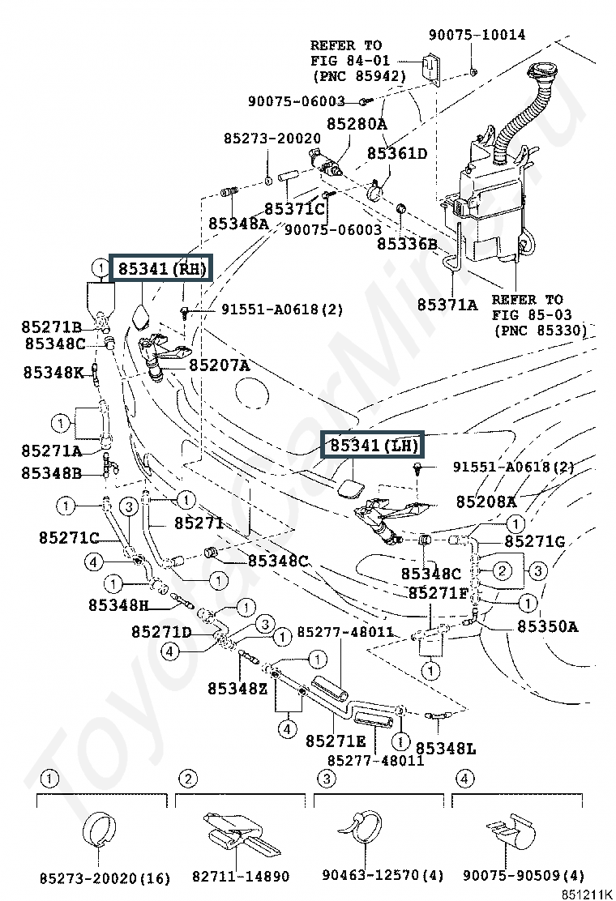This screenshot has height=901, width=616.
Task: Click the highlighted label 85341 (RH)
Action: coord(161,267)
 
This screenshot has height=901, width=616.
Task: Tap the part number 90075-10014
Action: coord(477,35)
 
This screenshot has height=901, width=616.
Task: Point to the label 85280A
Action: coord(357,123)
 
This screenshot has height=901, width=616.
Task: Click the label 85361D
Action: coord(397,153)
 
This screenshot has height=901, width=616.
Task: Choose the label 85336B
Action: coord(407,244)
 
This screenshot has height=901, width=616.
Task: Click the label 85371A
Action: coord(447,304)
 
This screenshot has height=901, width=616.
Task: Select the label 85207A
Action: coord(220,365)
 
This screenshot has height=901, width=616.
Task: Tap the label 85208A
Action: coord(486,502)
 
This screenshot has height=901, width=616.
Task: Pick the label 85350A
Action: coord(548,626)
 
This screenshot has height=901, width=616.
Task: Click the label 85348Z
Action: coord(237,688)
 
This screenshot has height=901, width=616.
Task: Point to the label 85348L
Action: coord(446,748)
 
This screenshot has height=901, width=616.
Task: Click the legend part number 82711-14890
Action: coord(241,877)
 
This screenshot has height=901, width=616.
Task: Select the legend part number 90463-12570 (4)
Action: coord(383,875)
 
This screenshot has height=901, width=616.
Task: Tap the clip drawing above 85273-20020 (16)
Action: coord(99,831)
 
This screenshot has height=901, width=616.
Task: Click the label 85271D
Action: coord(161,632)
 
